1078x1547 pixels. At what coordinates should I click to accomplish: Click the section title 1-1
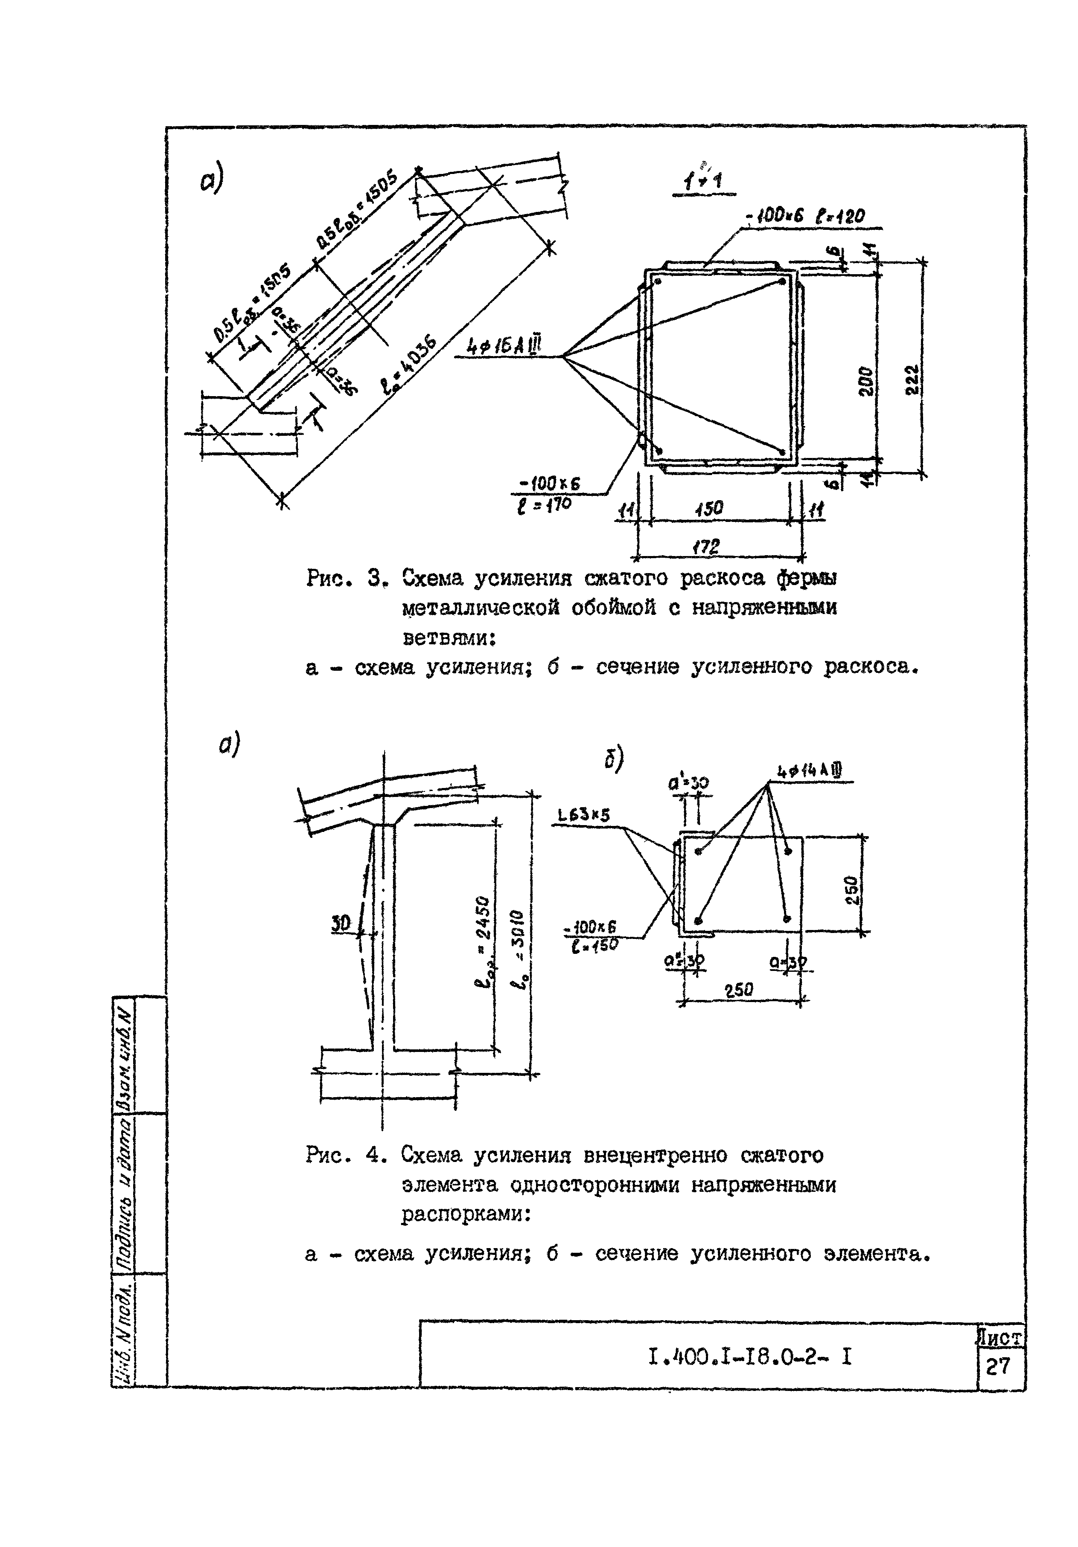[704, 180]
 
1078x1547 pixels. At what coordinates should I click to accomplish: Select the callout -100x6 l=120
[804, 216]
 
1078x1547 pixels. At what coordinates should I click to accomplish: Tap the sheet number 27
[999, 1366]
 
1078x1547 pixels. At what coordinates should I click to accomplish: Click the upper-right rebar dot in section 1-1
[781, 281]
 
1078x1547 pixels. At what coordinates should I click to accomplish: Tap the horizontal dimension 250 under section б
[739, 990]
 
